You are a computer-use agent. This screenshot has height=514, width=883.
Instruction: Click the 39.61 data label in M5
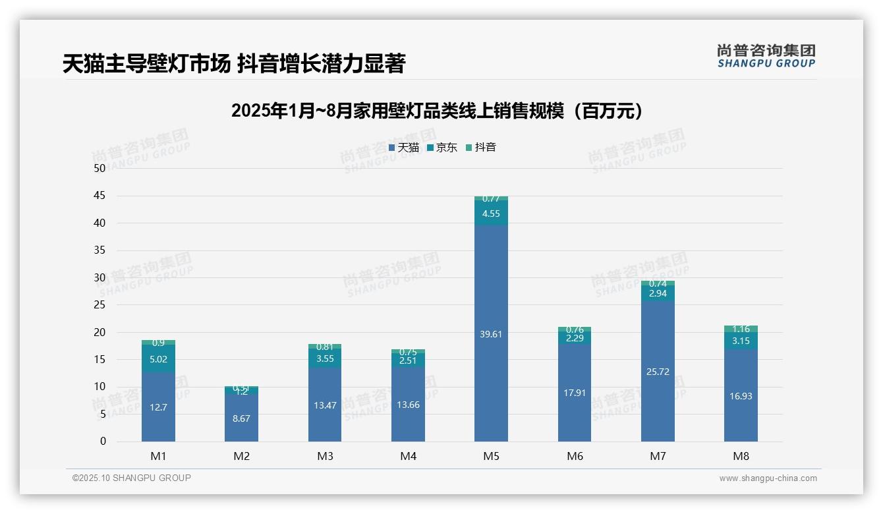pos(491,334)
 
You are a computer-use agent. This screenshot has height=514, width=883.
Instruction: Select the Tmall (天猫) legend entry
pos(404,148)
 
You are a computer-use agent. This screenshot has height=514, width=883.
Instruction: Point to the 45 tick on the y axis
pos(100,196)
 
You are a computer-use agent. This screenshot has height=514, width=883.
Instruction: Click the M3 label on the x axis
pos(325,456)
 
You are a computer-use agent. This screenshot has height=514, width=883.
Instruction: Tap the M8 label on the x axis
pos(741,456)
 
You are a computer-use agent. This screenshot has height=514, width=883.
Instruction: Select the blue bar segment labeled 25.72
pos(658,372)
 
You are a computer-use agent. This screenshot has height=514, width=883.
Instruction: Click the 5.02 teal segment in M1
pos(158,359)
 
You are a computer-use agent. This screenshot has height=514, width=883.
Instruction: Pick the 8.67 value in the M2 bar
pos(242,418)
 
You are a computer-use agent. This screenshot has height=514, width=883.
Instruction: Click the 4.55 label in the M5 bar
pos(491,214)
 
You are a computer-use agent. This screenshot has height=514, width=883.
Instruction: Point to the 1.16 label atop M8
pos(741,329)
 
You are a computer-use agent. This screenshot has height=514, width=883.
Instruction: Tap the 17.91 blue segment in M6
pos(575,393)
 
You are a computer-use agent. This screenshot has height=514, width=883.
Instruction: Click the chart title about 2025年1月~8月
pos(437,111)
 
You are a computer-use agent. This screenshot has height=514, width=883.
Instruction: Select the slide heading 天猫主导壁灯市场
pos(234,64)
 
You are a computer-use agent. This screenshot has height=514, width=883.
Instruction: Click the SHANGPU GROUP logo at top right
pos(766,56)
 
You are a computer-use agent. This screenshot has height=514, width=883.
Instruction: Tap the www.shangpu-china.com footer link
pos(768,478)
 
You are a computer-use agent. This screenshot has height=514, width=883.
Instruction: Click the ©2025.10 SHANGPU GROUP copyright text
pos(132,478)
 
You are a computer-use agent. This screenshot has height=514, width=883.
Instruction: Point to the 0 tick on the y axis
pos(103,442)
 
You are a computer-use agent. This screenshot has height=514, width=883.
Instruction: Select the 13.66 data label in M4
pos(408,405)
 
